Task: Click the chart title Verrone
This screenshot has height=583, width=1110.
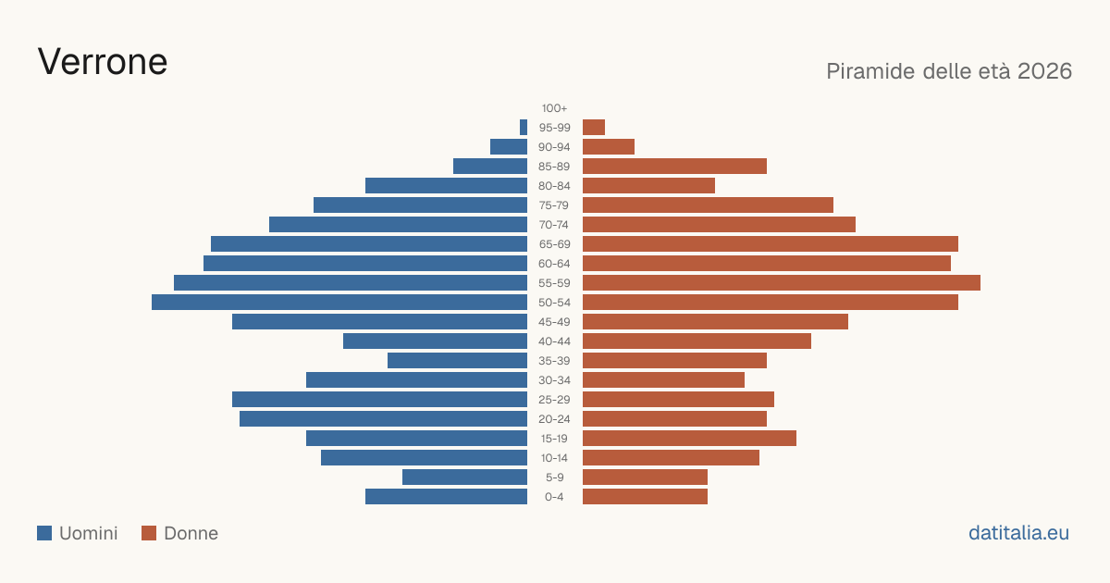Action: click(x=103, y=62)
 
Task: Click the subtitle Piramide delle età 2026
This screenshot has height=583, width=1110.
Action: click(x=949, y=71)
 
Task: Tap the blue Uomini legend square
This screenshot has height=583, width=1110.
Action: click(x=44, y=533)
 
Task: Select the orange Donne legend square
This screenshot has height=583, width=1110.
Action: click(x=149, y=533)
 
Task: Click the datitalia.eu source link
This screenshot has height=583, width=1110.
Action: click(x=1018, y=533)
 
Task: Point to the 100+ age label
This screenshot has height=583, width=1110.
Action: click(x=554, y=108)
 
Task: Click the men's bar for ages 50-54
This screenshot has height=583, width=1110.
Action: click(x=339, y=303)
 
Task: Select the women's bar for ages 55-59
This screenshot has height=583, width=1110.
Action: click(x=782, y=283)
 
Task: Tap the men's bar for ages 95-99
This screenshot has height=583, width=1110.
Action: click(x=524, y=128)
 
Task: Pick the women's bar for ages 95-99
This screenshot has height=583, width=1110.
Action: click(x=594, y=128)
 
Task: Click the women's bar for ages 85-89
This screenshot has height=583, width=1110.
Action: click(x=674, y=166)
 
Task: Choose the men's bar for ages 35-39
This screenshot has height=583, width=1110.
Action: click(x=457, y=361)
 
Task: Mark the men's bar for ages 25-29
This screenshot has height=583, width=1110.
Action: click(x=379, y=400)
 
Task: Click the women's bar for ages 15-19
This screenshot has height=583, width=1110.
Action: click(x=689, y=439)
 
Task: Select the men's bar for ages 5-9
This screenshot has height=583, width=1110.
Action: click(x=464, y=478)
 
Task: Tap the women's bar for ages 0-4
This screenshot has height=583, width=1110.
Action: click(x=646, y=497)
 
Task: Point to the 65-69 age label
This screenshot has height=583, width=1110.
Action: click(x=554, y=244)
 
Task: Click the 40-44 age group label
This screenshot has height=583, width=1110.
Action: click(x=554, y=341)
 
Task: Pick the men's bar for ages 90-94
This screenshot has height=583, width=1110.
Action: click(x=509, y=147)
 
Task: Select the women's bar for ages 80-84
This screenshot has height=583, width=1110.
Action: click(x=648, y=186)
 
